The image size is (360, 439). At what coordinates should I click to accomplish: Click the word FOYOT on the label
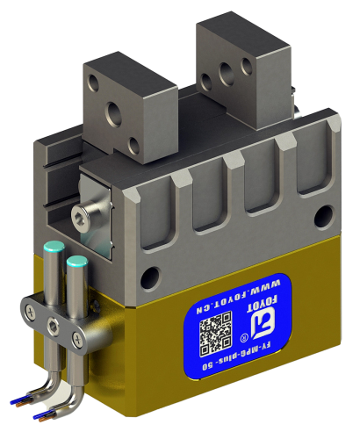pos(258,309)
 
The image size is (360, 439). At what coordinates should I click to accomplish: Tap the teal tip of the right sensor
pos(76,262)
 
